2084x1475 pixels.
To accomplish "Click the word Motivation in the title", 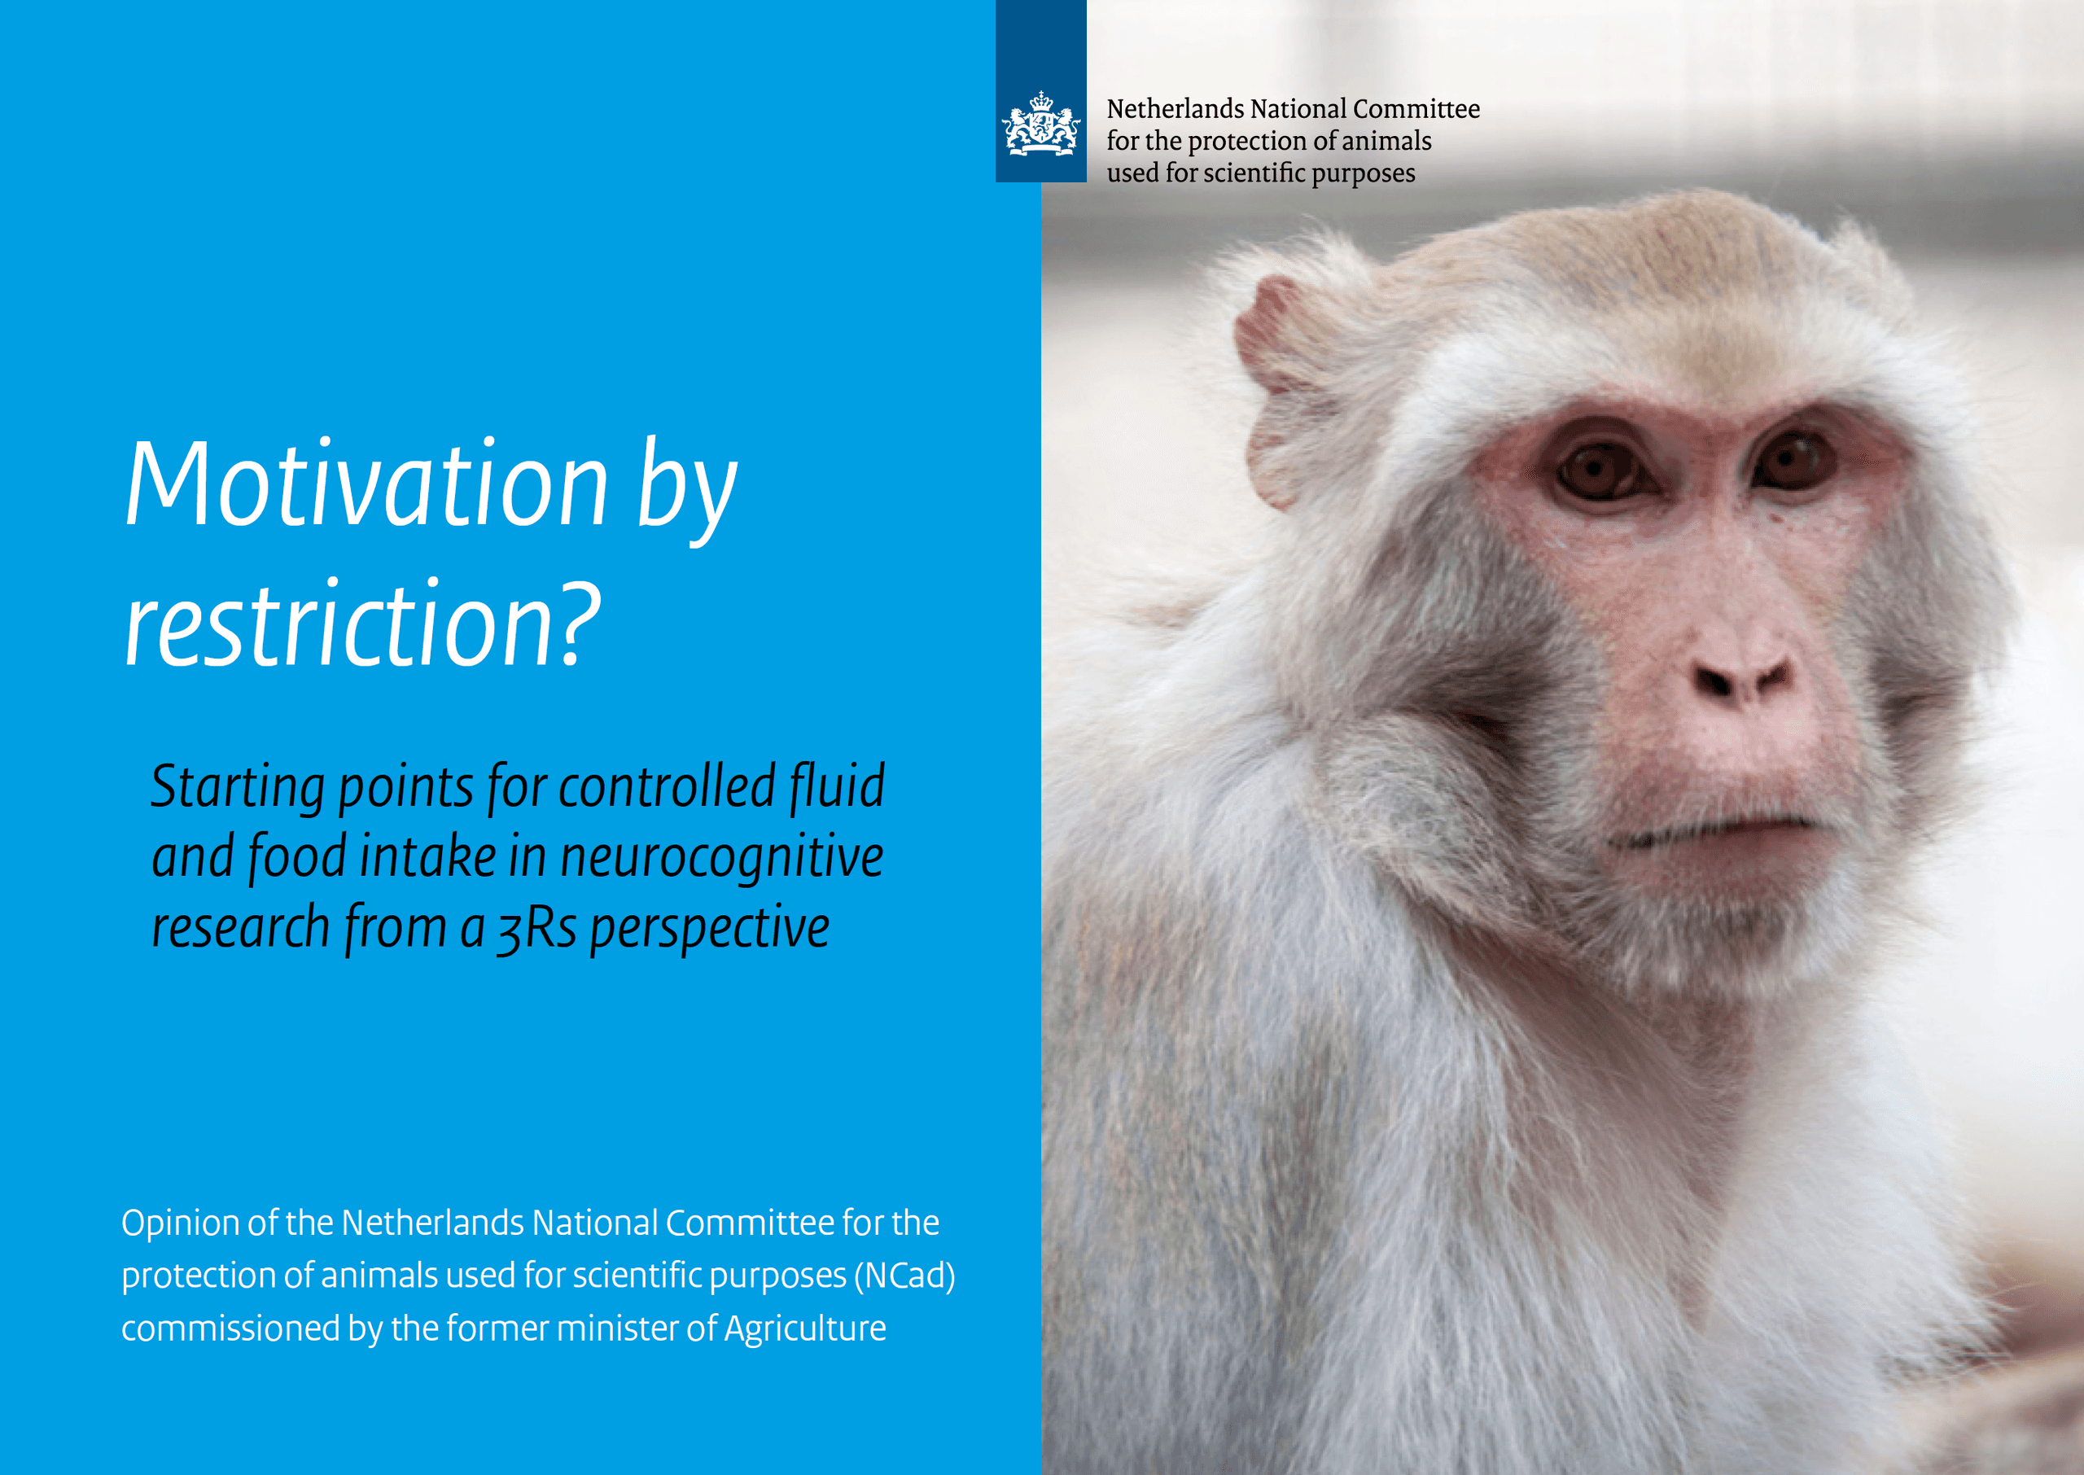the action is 366,484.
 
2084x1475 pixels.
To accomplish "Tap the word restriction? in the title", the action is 362,624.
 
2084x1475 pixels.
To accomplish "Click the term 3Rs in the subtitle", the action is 536,929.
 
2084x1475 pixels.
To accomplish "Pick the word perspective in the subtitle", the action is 709,929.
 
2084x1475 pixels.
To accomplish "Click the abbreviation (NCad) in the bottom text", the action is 904,1276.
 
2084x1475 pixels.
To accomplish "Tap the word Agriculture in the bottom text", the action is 804,1328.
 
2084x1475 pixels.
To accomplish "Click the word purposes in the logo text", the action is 1363,173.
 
